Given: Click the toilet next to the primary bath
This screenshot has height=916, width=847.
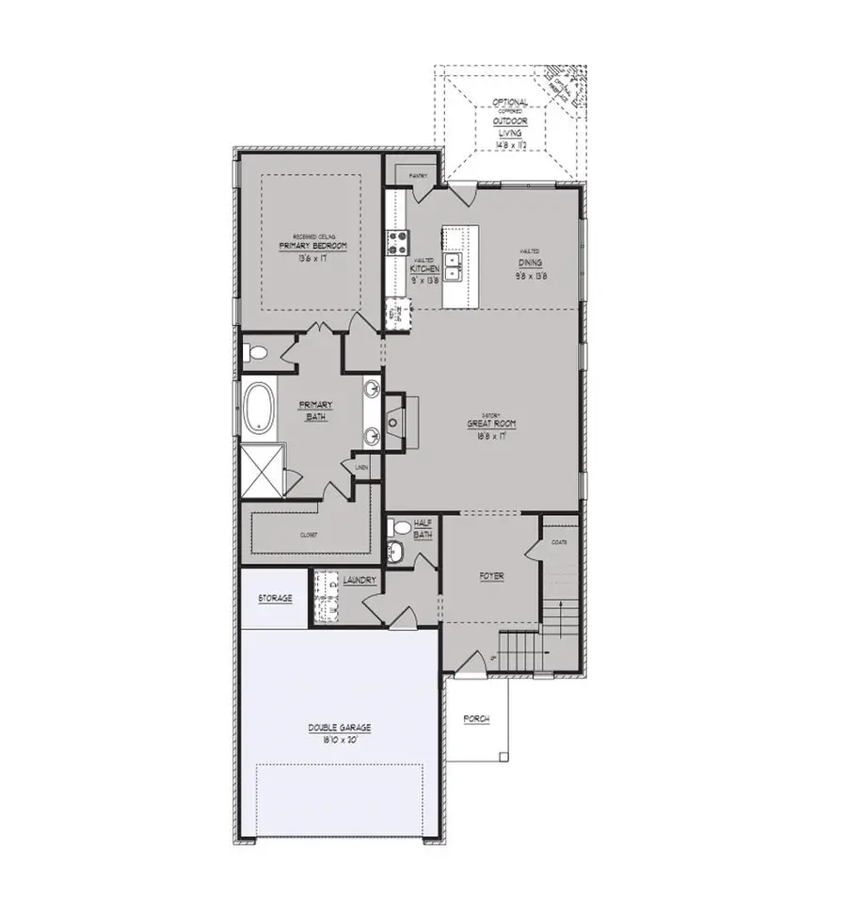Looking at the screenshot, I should click(x=254, y=355).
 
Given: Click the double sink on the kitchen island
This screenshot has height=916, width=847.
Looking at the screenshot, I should click(x=454, y=266).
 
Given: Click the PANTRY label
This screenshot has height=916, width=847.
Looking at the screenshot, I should click(x=418, y=176).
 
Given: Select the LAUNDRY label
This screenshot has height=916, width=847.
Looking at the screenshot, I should click(x=360, y=581).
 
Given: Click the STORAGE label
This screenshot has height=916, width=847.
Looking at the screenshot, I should click(x=275, y=598).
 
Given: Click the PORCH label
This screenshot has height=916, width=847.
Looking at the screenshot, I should click(x=476, y=719).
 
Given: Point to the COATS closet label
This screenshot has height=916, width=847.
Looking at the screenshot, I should click(x=558, y=542).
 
